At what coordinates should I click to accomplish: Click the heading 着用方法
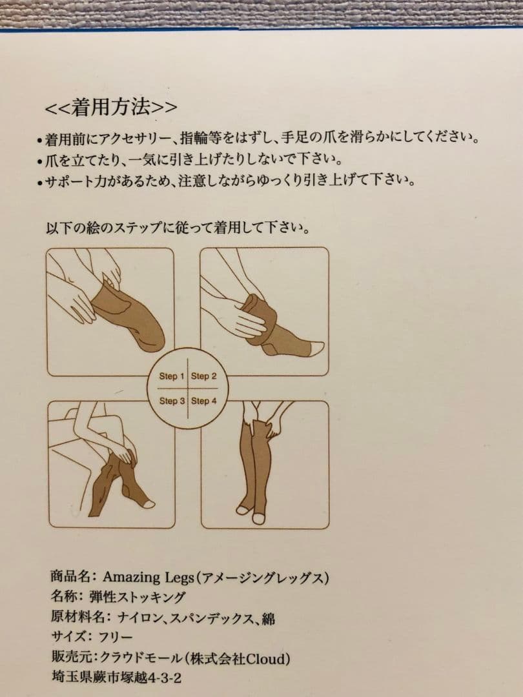click(x=111, y=107)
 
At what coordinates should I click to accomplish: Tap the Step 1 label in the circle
click(x=171, y=376)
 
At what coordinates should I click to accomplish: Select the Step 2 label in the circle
click(x=203, y=376)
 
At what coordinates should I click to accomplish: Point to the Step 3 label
click(x=172, y=401)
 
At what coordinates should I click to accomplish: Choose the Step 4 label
click(x=203, y=401)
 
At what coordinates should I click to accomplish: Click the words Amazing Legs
click(x=148, y=577)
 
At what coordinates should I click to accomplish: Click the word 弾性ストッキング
click(x=137, y=597)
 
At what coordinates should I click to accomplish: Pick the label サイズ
click(x=69, y=637)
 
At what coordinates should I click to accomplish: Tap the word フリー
click(x=116, y=638)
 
